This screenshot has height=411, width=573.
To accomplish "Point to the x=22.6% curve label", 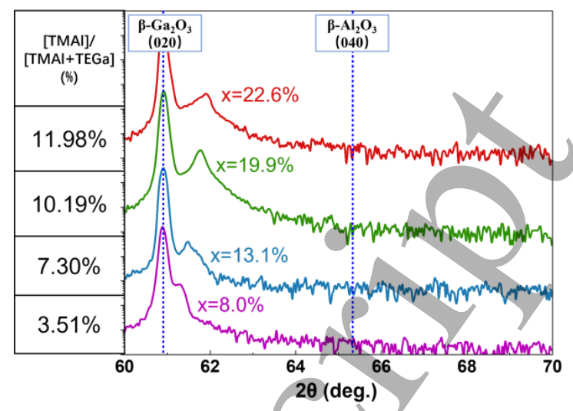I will (259, 95).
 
